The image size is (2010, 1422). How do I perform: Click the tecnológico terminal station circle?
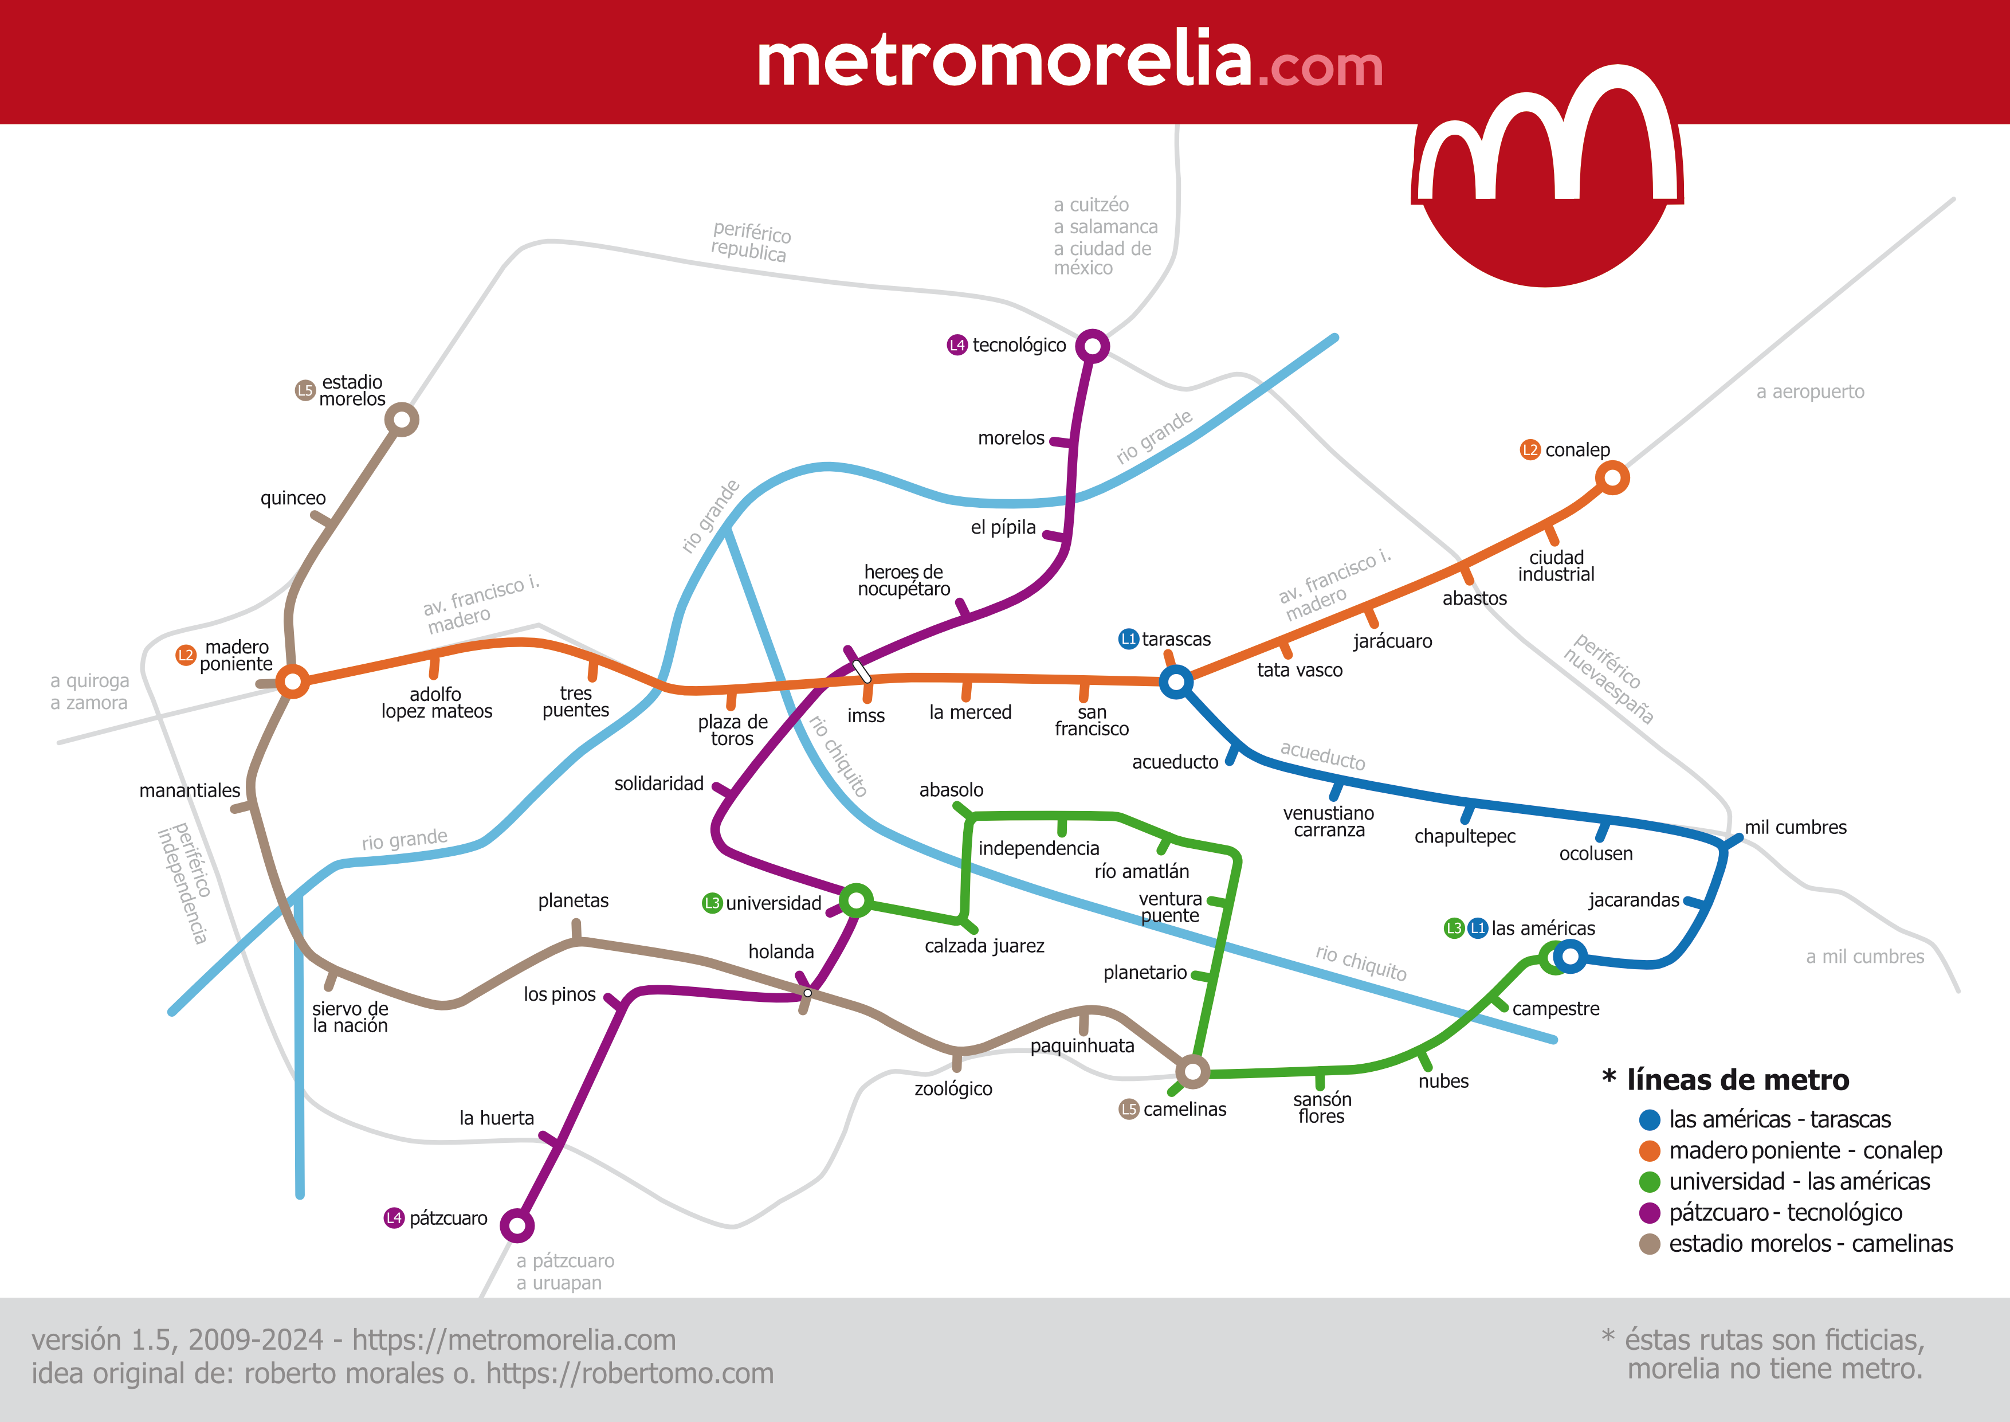pos(1092,346)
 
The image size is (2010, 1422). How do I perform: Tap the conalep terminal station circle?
pos(1612,478)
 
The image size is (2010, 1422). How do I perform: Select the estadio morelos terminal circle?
pos(402,420)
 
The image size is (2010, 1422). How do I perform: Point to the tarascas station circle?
pos(1176,681)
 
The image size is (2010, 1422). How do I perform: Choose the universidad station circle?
pos(855,900)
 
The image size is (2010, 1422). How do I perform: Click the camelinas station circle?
pos(1191,1070)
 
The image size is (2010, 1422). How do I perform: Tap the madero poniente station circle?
pos(292,680)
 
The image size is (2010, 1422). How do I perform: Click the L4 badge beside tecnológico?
pos(957,345)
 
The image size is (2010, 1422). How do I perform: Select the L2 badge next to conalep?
pos(1529,450)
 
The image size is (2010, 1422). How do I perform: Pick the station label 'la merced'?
pos(970,713)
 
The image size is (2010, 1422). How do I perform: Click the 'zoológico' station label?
pos(953,1089)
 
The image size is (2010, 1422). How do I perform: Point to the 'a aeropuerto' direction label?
pos(1809,392)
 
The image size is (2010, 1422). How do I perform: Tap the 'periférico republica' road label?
pos(750,242)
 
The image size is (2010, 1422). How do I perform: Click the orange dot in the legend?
pos(1650,1150)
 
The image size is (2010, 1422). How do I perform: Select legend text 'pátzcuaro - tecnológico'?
pos(1785,1213)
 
